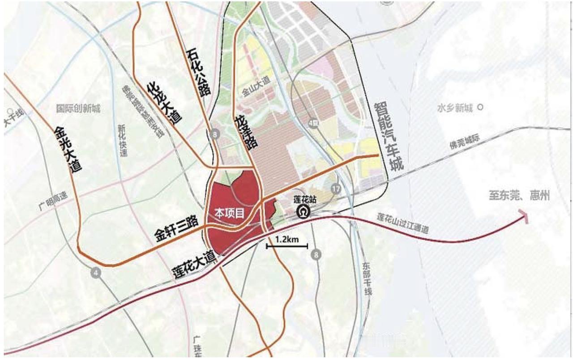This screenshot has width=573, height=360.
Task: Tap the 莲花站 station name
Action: (305, 200)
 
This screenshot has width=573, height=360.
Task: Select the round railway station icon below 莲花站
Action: (305, 211)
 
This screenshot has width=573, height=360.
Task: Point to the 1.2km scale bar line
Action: (287, 246)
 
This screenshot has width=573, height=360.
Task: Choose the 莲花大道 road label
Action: (193, 265)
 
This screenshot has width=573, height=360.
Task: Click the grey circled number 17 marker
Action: (336, 189)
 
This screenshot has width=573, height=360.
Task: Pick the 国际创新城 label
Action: (78, 108)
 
